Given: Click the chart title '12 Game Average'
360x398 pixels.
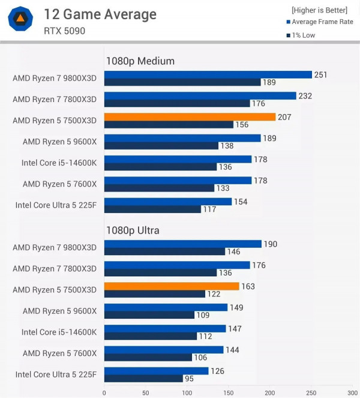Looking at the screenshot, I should [x=100, y=14].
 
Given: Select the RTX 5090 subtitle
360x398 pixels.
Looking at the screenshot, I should [x=64, y=31].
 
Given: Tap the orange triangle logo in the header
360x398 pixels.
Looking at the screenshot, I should [x=20, y=20].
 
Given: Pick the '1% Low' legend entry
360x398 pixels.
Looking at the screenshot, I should [x=303, y=35].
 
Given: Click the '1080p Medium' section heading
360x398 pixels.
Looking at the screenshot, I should [x=140, y=61].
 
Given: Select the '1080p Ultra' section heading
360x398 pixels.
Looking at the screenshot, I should [x=136, y=230].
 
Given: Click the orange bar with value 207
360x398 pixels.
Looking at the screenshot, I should [x=190, y=117].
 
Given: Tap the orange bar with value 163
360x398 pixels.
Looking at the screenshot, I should [x=172, y=286].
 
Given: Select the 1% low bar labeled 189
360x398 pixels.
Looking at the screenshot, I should [x=182, y=82].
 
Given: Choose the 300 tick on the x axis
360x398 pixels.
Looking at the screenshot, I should [x=352, y=393].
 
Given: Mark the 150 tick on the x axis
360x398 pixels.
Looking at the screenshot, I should [x=229, y=393].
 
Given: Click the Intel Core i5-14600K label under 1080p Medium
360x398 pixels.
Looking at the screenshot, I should [x=59, y=163].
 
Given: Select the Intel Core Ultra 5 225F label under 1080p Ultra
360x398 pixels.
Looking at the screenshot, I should [x=56, y=375].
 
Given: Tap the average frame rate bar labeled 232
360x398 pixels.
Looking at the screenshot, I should [x=200, y=95].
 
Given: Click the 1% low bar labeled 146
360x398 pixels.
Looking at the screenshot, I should [x=164, y=252].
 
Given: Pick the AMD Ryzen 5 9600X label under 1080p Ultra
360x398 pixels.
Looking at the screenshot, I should [x=59, y=311].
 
